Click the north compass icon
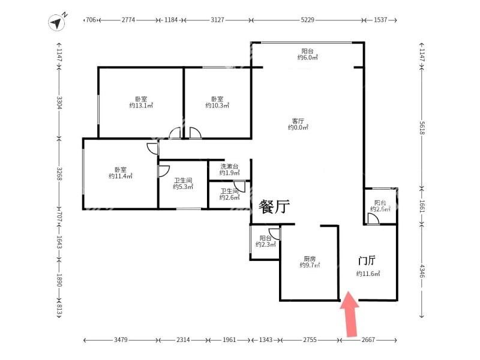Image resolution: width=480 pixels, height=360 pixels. (56, 22)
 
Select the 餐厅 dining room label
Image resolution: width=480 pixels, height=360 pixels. (274, 206)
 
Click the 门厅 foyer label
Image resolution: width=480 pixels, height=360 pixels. (367, 260)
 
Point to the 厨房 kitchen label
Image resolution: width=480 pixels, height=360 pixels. (310, 259)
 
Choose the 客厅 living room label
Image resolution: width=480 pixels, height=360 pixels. (298, 121)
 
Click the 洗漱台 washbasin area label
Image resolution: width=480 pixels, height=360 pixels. (229, 167)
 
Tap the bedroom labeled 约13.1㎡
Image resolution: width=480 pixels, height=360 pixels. (141, 102)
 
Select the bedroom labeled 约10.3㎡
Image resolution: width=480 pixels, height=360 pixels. (217, 102)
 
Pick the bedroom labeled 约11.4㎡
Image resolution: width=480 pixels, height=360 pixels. (121, 173)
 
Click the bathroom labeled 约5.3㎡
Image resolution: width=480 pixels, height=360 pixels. (183, 184)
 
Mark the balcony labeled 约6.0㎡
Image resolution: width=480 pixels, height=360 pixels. (307, 54)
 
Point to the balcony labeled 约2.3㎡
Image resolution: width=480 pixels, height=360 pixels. (265, 241)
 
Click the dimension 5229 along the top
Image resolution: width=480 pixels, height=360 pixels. (307, 20)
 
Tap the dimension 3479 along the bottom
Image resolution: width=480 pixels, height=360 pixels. (121, 340)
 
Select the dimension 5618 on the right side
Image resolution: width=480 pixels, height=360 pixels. (422, 128)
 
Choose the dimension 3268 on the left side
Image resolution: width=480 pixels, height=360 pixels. (59, 173)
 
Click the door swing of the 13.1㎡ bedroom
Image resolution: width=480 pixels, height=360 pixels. (175, 133)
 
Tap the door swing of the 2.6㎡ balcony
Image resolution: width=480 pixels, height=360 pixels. (373, 219)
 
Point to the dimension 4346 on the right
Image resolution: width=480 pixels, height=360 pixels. (422, 271)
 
